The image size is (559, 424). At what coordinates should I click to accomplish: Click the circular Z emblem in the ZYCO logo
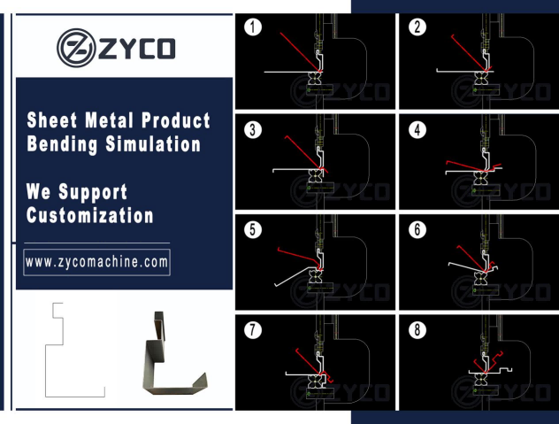click(76, 48)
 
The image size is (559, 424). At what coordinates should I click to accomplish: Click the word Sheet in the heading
click(52, 119)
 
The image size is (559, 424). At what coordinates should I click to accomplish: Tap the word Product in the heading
click(176, 119)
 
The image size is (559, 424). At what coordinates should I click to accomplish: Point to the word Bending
click(62, 144)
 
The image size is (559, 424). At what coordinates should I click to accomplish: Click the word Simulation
click(153, 144)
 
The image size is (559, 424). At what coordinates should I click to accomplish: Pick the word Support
click(93, 192)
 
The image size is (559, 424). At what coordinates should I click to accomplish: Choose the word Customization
click(90, 215)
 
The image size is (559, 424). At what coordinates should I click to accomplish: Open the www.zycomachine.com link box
click(96, 262)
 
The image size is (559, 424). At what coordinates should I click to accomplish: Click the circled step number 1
click(253, 27)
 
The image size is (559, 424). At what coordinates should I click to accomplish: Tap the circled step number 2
click(417, 27)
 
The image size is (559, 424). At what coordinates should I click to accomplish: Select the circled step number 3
click(253, 129)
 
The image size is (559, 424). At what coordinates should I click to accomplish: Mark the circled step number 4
click(417, 129)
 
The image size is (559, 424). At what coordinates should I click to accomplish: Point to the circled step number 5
click(253, 229)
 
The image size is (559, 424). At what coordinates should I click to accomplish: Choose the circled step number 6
click(417, 229)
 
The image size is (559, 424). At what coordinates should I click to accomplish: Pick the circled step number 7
click(253, 330)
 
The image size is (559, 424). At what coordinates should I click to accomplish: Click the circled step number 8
click(417, 330)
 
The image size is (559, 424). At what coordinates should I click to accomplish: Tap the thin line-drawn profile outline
click(46, 371)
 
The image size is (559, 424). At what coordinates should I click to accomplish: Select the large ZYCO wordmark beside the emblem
click(137, 49)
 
